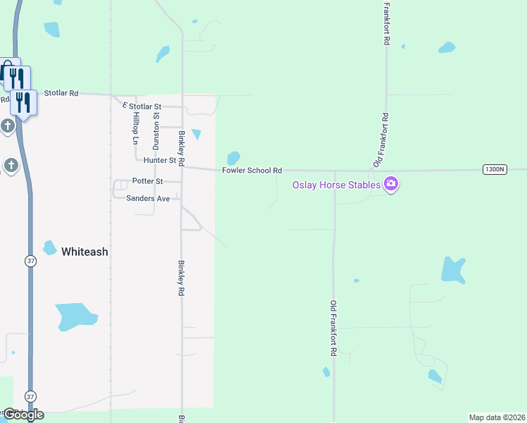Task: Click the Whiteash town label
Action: [85, 252]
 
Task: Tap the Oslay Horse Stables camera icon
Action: [391, 185]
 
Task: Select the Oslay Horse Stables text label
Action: [337, 185]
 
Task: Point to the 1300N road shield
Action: [495, 169]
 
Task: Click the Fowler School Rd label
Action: [252, 171]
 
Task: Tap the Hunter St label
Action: [159, 161]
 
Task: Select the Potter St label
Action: [147, 181]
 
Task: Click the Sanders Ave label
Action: [148, 199]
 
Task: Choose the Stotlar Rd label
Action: [61, 92]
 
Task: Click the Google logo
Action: [23, 415]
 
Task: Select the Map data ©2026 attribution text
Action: [497, 417]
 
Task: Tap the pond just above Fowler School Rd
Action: [233, 158]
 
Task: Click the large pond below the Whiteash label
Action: [75, 316]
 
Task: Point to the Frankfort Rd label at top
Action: [386, 23]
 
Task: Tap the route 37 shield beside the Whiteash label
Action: [30, 261]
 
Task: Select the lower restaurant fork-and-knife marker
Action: [23, 103]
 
